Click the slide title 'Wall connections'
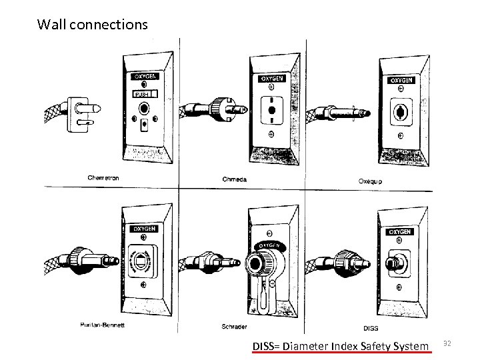click(x=93, y=25)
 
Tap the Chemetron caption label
click(x=105, y=177)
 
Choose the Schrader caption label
click(x=236, y=327)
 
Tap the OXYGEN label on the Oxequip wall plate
click(x=401, y=80)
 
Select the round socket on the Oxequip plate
click(x=401, y=110)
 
